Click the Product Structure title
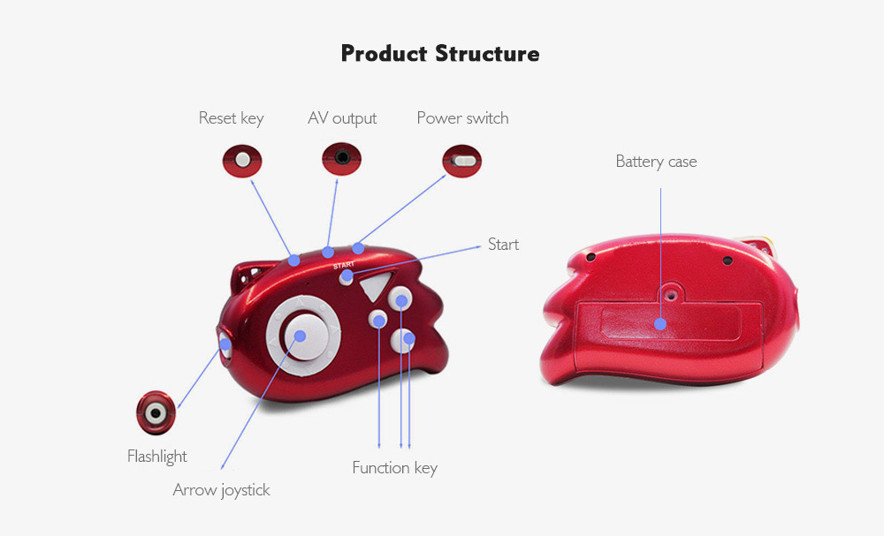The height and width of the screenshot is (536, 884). tap(440, 54)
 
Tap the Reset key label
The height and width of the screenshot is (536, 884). tap(231, 118)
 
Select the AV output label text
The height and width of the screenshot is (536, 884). tap(342, 118)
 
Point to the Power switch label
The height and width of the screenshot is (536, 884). tap(462, 118)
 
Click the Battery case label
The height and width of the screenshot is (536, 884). tap(656, 162)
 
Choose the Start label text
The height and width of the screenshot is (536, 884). tap(503, 245)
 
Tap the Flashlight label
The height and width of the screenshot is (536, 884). tap(157, 457)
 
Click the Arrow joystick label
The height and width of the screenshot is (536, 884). tap(221, 490)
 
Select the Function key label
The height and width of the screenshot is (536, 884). tap(394, 468)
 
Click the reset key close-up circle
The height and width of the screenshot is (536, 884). tap(242, 160)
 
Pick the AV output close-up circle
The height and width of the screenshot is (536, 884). tap(342, 160)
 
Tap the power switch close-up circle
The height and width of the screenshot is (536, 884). tap(462, 162)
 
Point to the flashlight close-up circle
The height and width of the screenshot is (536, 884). tap(156, 411)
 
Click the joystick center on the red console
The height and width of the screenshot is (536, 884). tap(300, 336)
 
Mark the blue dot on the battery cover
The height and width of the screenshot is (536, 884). tap(659, 323)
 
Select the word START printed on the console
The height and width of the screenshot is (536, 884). tap(344, 264)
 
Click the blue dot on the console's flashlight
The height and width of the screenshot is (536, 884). tap(225, 344)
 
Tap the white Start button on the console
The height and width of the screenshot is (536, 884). tap(347, 277)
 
